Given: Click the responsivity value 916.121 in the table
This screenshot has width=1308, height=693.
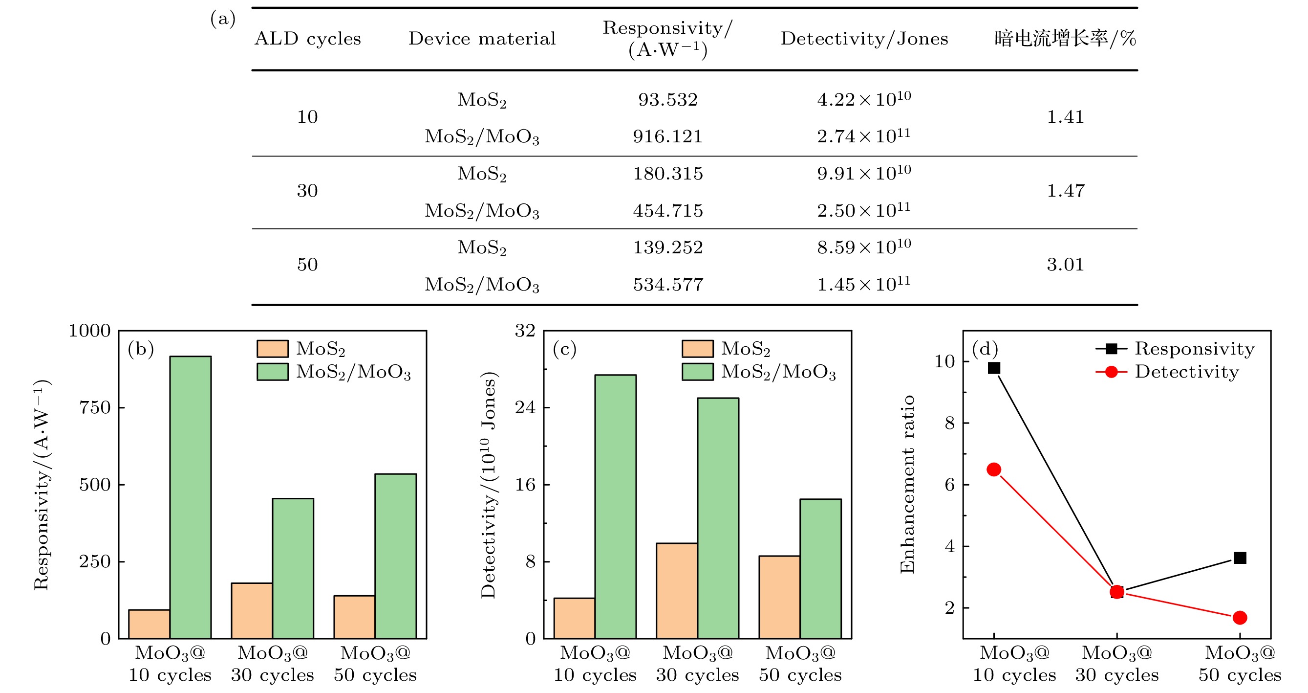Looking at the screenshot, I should (667, 136).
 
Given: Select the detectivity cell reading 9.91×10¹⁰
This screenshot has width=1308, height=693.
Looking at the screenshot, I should (864, 173).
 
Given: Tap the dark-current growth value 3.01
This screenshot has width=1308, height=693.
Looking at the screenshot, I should (1065, 265).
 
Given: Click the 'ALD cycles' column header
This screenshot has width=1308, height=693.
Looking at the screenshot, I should (308, 39).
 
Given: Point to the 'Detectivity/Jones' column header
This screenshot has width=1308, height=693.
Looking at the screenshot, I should (864, 39).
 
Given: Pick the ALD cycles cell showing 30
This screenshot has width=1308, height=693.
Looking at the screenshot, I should (307, 191).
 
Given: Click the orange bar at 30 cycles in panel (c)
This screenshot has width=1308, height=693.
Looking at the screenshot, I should (676, 590).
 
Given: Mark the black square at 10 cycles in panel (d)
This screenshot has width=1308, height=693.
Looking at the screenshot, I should (994, 368).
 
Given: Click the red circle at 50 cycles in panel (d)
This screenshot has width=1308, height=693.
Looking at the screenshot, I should (1240, 618).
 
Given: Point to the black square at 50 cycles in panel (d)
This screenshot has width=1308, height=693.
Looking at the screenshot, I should (1240, 558).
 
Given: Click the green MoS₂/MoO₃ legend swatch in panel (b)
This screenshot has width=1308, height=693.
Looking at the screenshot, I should (272, 372).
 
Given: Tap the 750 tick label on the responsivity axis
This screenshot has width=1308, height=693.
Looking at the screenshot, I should (95, 407).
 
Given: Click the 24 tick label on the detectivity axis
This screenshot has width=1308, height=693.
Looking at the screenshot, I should (526, 407).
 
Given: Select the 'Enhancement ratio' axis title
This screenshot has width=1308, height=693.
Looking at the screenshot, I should (907, 484).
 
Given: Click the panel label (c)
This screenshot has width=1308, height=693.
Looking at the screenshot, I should (564, 349).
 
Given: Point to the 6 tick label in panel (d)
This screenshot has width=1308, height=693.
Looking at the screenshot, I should (949, 485).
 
